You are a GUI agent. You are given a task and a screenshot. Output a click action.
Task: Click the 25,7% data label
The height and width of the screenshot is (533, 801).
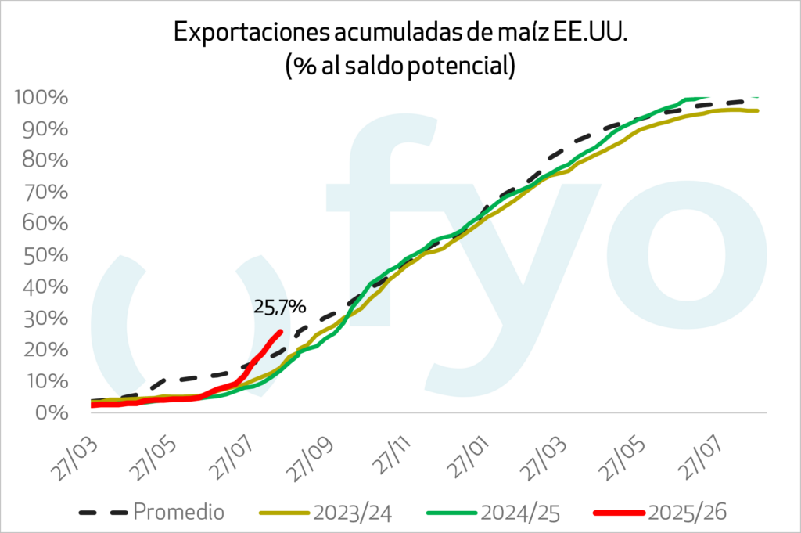[x=279, y=306]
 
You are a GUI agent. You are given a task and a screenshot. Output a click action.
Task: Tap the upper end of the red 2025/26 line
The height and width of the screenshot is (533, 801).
[x=280, y=332]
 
